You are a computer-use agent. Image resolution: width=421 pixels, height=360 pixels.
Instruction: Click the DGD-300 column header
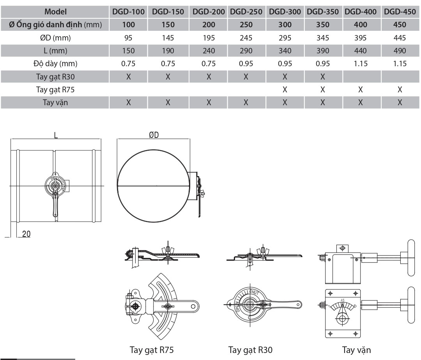pyautogui.click(x=285, y=12)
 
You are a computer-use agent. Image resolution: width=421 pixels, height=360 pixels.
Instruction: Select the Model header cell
pyautogui.click(x=55, y=12)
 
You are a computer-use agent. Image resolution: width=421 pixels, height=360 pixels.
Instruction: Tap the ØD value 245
pyautogui.click(x=246, y=38)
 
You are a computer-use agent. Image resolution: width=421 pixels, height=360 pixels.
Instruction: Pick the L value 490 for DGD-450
pyautogui.click(x=400, y=51)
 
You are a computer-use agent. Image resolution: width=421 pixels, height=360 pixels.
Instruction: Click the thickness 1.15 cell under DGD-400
pyautogui.click(x=360, y=64)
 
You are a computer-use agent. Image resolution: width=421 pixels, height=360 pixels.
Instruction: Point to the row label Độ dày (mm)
pyautogui.click(x=55, y=64)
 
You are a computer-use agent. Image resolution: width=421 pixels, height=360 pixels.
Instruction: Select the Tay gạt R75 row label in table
pyautogui.click(x=55, y=90)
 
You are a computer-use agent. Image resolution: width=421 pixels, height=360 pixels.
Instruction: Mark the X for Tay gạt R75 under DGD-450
pyautogui.click(x=400, y=90)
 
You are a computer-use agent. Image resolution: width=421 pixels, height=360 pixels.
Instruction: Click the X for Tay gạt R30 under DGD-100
pyautogui.click(x=128, y=77)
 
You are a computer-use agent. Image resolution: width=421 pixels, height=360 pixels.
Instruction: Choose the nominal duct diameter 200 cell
pyautogui.click(x=209, y=25)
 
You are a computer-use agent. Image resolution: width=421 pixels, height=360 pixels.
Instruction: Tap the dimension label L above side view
pyautogui.click(x=56, y=135)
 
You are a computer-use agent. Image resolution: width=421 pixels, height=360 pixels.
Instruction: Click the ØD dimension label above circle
pyautogui.click(x=154, y=135)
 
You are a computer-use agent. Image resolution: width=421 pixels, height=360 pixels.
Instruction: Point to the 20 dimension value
pyautogui.click(x=27, y=233)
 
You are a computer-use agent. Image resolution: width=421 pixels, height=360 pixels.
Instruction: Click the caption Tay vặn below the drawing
pyautogui.click(x=356, y=350)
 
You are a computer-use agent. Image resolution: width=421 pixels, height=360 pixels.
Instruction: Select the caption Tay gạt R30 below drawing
pyautogui.click(x=250, y=350)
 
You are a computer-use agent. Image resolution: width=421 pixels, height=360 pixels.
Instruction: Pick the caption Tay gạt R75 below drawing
pyautogui.click(x=149, y=350)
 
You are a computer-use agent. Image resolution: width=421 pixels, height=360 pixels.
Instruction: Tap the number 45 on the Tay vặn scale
pyautogui.click(x=342, y=300)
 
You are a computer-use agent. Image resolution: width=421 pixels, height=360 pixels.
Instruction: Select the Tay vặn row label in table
pyautogui.click(x=55, y=103)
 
